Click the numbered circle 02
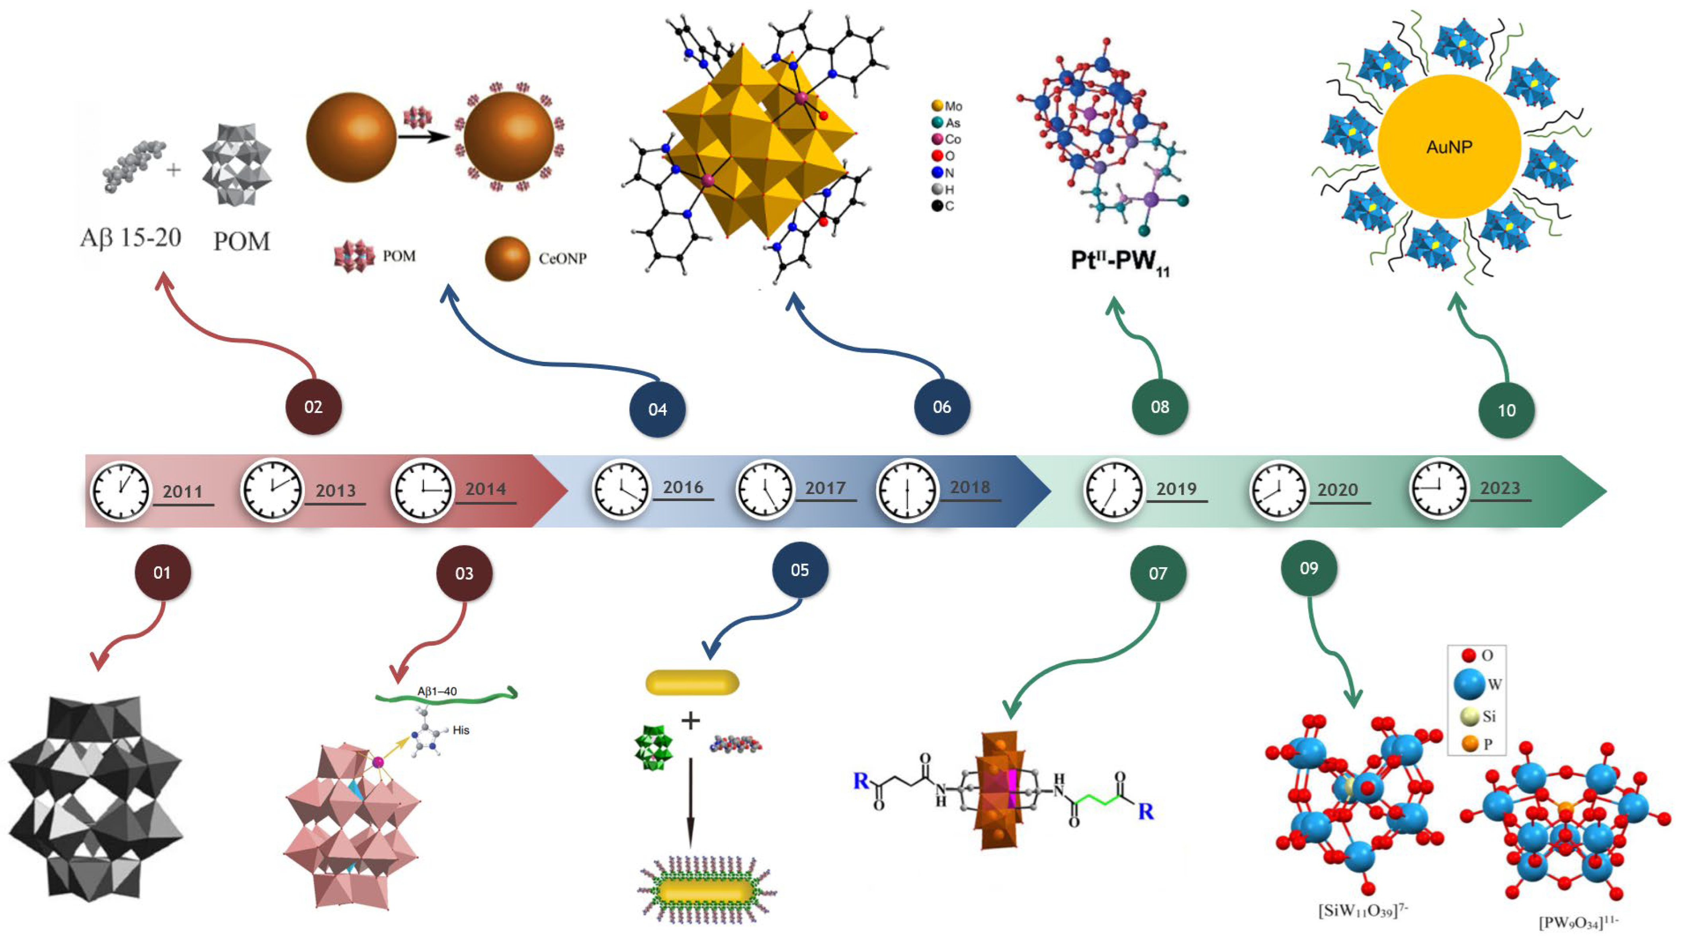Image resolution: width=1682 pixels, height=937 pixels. pyautogui.click(x=313, y=407)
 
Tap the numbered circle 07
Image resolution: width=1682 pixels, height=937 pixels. pyautogui.click(x=1158, y=573)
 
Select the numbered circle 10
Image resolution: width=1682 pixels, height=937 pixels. pyautogui.click(x=1506, y=410)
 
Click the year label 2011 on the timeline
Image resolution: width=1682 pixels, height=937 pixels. pyautogui.click(x=182, y=491)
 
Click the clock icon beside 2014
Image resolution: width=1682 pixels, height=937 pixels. pyautogui.click(x=422, y=490)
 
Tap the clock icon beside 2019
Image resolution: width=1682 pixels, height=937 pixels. pyautogui.click(x=1114, y=490)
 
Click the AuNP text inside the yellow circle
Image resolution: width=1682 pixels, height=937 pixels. pyautogui.click(x=1449, y=147)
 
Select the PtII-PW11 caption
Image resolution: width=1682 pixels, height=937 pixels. pyautogui.click(x=1119, y=261)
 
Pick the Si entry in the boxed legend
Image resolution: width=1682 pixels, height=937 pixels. pyautogui.click(x=1480, y=716)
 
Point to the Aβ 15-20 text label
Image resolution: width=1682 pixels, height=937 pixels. pyautogui.click(x=131, y=238)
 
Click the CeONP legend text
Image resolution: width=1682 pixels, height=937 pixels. pyautogui.click(x=562, y=259)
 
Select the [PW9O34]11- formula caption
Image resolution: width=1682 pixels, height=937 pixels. pyautogui.click(x=1578, y=922)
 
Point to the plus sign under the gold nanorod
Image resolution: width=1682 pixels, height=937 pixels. pyautogui.click(x=690, y=721)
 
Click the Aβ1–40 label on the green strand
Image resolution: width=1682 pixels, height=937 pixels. pyautogui.click(x=437, y=691)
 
